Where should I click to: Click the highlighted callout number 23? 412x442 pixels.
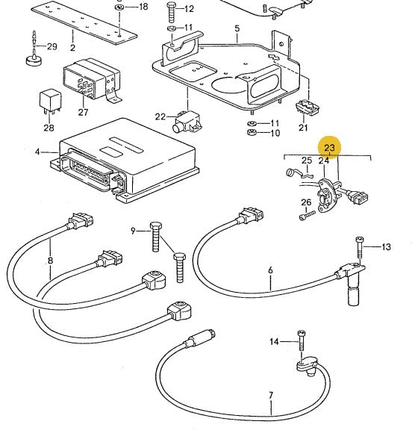(329, 148)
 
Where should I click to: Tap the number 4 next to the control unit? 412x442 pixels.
(37, 152)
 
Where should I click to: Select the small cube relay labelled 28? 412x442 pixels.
(49, 102)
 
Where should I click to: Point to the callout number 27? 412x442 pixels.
(83, 113)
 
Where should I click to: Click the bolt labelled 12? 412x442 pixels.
(172, 12)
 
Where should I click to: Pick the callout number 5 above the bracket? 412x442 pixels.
(237, 28)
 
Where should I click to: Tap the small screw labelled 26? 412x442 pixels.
(307, 215)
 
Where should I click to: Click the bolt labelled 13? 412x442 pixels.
(360, 247)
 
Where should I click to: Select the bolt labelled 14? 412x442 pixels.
(301, 340)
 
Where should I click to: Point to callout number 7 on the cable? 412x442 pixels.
(271, 395)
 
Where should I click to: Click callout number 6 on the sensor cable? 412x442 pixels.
(270, 270)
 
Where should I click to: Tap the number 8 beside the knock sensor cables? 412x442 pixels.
(51, 260)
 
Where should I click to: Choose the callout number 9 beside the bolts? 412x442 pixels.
(134, 231)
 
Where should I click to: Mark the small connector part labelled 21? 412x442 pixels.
(307, 107)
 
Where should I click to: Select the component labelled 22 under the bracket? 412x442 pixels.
(187, 122)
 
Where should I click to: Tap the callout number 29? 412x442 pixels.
(52, 46)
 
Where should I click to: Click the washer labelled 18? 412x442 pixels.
(119, 7)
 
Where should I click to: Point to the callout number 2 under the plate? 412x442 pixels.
(72, 48)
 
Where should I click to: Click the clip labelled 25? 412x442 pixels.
(299, 173)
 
